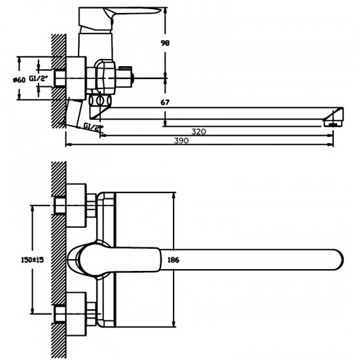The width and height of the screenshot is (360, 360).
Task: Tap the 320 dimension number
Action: tap(199, 131)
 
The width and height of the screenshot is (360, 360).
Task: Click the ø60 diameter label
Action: tap(18, 79)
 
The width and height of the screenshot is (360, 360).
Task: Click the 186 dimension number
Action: tap(173, 260)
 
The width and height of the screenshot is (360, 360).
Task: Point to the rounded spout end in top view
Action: tap(336, 259)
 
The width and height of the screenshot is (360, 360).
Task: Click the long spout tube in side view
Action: tap(223, 112)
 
